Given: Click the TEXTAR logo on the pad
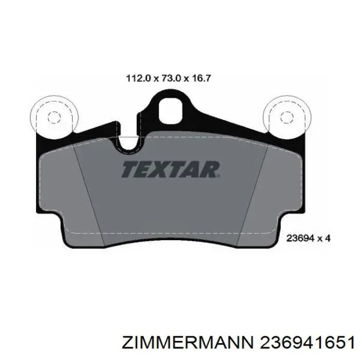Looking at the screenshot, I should click(x=171, y=169).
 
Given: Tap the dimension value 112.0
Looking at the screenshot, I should click(x=138, y=79).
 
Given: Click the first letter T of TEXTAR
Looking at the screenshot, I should click(x=130, y=169).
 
